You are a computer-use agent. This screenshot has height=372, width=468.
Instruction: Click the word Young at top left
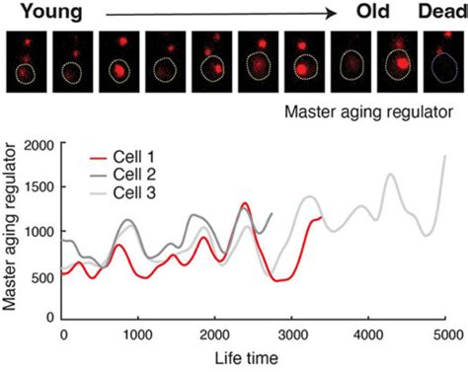click(39, 12)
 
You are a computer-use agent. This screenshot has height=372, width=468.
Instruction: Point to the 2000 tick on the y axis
click(39, 146)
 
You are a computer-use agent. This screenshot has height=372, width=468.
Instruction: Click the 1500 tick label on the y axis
click(39, 188)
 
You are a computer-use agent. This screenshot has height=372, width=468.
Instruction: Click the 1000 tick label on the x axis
click(139, 335)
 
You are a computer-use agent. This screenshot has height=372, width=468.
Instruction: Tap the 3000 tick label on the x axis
click(293, 335)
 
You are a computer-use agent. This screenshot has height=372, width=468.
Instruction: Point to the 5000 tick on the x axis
click(447, 335)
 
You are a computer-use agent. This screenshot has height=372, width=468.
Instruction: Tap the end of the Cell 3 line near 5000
click(445, 156)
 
